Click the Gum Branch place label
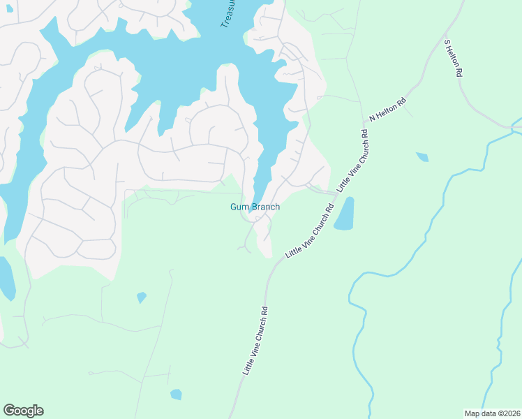(x=255, y=207)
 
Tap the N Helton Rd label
(x=387, y=110)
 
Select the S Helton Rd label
(x=454, y=57)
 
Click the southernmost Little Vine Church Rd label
(x=255, y=341)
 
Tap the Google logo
(x=23, y=411)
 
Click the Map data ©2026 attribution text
(x=492, y=413)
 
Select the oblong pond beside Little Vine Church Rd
(x=345, y=214)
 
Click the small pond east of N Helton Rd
(x=422, y=157)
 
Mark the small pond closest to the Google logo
(x=176, y=395)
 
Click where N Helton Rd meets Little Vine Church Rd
(x=364, y=131)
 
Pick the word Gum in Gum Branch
(x=239, y=207)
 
